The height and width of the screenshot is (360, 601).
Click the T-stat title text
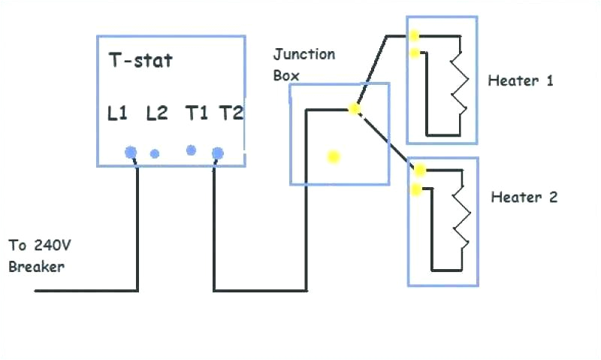140,61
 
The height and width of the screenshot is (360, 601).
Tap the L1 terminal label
118,113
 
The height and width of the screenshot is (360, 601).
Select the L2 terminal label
156,113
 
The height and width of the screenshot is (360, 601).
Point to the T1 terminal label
196,113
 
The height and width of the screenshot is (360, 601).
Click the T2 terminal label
231,113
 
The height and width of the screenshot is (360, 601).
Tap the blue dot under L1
131,153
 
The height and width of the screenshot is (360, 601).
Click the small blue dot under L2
155,154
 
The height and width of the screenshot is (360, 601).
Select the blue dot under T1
191,150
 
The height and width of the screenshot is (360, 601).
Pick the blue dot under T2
218,153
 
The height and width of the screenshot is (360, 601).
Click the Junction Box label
304,65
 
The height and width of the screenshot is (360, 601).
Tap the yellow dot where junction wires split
355,110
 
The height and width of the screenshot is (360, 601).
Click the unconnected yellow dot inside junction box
334,157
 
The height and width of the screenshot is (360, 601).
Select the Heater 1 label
521,80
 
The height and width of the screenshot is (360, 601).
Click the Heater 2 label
524,198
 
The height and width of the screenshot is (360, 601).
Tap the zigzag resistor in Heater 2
460,218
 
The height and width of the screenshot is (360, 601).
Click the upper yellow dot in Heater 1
414,35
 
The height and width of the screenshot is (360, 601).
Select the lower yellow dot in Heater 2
415,189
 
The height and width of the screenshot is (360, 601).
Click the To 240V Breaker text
39,256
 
